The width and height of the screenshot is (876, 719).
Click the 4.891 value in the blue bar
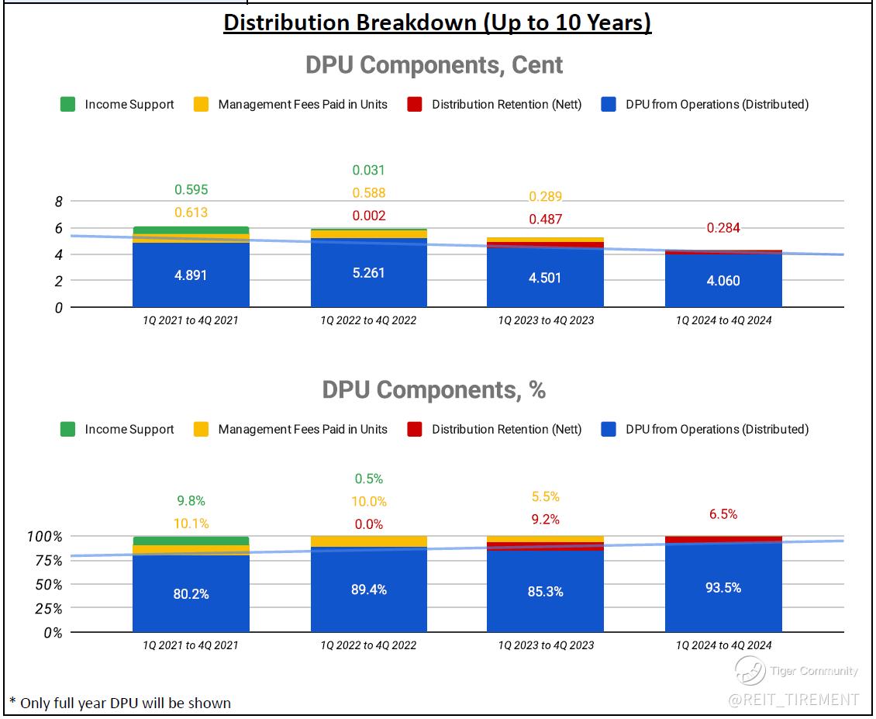[191, 275]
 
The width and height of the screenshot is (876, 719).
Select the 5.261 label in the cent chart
[369, 273]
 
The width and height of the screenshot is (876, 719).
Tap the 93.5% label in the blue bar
[723, 588]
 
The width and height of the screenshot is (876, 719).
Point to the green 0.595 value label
[191, 190]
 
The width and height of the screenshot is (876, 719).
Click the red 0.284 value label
[723, 228]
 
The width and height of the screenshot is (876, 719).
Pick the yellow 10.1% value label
[191, 524]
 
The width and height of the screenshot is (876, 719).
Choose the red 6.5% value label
[723, 514]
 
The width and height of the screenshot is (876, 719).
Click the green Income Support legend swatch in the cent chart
[68, 105]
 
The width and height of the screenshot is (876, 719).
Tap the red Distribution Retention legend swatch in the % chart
[415, 430]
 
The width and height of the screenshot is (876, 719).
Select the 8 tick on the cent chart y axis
[58, 202]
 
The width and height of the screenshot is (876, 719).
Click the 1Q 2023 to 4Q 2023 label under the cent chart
[546, 320]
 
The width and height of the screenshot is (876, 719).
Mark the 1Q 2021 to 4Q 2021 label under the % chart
[191, 645]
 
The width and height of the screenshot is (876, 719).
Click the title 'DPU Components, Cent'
[434, 65]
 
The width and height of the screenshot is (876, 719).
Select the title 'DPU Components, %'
[434, 390]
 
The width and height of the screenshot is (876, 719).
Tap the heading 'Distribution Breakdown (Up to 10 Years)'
[437, 22]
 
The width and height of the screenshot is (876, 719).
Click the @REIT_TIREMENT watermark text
[793, 700]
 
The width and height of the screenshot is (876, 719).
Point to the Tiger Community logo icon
[750, 671]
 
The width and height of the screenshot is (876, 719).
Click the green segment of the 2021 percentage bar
[191, 541]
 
